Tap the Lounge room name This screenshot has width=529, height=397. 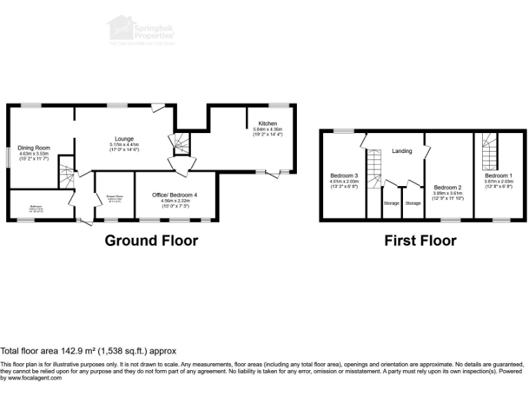(124, 139)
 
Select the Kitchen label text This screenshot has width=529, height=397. (268, 123)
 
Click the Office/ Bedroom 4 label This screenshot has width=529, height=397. (174, 196)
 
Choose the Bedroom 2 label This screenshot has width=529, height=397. (448, 187)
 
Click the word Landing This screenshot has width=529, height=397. (402, 151)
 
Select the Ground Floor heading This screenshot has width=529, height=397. (151, 241)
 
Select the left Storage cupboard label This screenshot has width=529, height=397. (391, 204)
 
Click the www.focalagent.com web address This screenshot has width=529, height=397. (29, 378)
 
